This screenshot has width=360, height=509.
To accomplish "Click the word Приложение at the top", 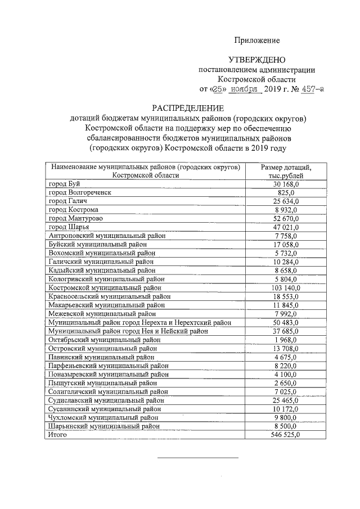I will coord(257,40).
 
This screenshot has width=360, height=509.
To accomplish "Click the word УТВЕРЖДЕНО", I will coord(257,60).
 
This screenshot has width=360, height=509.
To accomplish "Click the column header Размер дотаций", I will coord(286,167).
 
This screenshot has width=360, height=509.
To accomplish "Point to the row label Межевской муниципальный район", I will coord(102,314).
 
